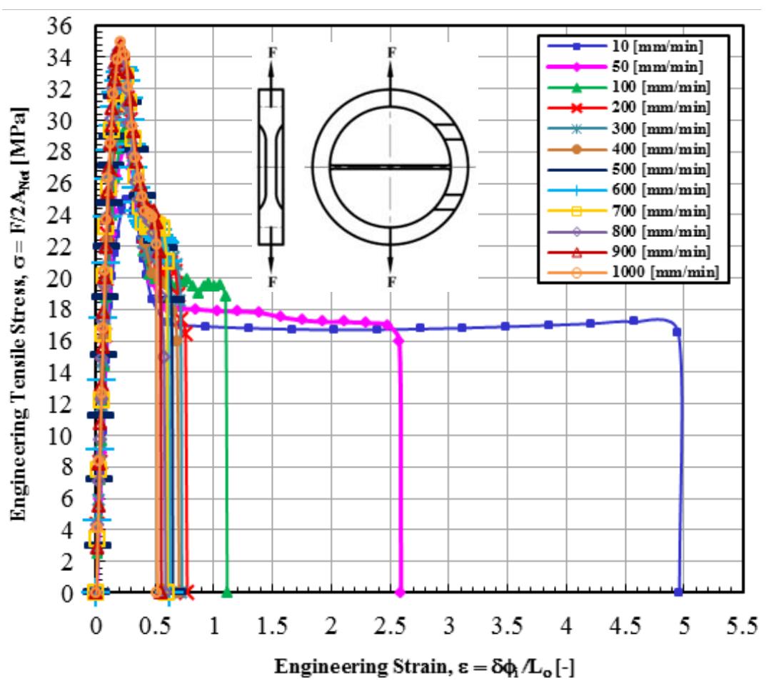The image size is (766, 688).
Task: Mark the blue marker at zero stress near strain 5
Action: pyautogui.click(x=678, y=592)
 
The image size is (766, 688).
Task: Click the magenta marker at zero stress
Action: pyautogui.click(x=400, y=592)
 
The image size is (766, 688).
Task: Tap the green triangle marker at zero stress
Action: pyautogui.click(x=227, y=592)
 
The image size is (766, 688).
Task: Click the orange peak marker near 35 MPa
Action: pyautogui.click(x=120, y=41)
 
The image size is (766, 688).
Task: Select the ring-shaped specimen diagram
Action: pyautogui.click(x=390, y=166)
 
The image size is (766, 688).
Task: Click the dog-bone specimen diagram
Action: pyautogui.click(x=271, y=167)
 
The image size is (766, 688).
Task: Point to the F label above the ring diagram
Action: pyautogui.click(x=390, y=51)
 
